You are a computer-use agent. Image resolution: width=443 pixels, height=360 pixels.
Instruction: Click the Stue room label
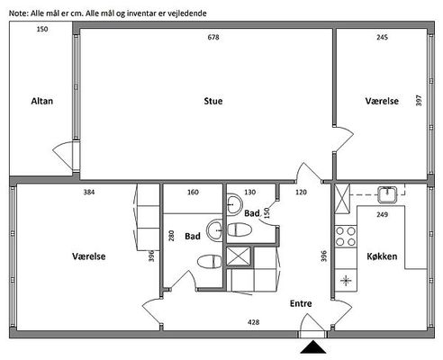213,101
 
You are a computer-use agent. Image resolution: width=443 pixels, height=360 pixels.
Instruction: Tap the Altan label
42,101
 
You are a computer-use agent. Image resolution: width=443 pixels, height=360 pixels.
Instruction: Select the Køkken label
382,256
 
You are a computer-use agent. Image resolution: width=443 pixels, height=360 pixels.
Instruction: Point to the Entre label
301,303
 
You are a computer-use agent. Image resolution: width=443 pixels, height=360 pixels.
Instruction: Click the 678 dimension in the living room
213,37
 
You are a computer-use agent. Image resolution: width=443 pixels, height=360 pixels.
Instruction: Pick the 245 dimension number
382,37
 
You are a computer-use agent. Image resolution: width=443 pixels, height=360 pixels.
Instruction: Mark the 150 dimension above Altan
42,29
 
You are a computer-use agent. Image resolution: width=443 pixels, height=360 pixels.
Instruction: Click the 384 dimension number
89,192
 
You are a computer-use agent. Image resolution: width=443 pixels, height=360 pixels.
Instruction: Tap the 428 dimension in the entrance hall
254,322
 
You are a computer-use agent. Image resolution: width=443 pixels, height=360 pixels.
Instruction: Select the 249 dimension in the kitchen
382,214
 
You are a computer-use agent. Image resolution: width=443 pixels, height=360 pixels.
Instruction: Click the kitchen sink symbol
387,194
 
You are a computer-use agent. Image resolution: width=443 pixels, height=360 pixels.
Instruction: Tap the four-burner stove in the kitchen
346,237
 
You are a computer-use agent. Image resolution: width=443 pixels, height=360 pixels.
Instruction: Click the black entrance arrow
313,347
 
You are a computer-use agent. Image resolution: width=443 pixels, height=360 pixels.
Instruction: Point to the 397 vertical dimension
419,100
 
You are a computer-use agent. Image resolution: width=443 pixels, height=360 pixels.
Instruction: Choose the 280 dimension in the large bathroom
171,236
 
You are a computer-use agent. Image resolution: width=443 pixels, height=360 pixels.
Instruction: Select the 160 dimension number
193,192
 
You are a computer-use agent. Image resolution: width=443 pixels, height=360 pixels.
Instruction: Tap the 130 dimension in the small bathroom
250,192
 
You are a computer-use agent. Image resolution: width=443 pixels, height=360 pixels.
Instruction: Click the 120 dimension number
301,192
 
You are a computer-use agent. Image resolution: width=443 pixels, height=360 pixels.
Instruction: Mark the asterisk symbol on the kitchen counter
346,281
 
